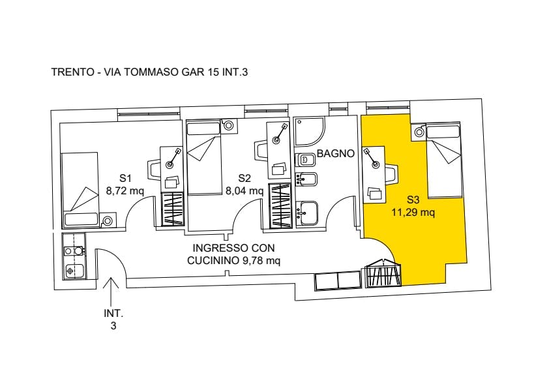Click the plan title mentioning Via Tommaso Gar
tap(149, 72)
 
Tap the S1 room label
tap(126, 177)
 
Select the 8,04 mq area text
tap(245, 191)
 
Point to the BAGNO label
tap(336, 155)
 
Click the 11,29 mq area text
tap(413, 212)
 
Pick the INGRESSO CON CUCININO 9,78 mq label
tap(233, 254)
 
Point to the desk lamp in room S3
tap(372, 159)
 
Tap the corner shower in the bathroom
tap(307, 132)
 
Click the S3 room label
tap(413, 200)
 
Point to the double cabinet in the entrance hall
tap(338, 281)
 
